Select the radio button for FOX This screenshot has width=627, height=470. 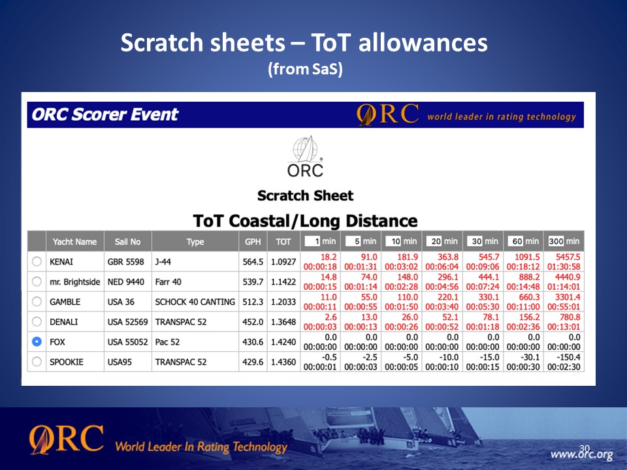click(37, 341)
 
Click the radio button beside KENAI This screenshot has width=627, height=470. click(37, 262)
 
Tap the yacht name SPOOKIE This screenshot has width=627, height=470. click(67, 362)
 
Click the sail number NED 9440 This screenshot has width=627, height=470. click(125, 282)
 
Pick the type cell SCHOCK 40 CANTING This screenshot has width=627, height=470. click(195, 302)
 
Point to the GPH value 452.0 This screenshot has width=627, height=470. click(253, 322)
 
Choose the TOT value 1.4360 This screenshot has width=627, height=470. click(283, 362)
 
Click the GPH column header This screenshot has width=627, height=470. click(253, 242)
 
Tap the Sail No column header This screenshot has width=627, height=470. click(127, 242)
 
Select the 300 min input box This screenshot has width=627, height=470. click(556, 241)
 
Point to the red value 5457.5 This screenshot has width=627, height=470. click(568, 257)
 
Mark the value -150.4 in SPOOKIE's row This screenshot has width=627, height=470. click(568, 357)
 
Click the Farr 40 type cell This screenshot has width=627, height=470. click(168, 282)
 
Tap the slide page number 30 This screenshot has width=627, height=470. click(584, 448)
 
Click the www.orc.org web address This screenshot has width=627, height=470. click(581, 455)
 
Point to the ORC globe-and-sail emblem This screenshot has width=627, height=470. click(306, 149)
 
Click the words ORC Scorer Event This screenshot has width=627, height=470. click(104, 115)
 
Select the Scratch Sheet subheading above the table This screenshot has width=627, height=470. click(305, 196)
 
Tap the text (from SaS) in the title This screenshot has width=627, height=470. click(305, 69)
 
